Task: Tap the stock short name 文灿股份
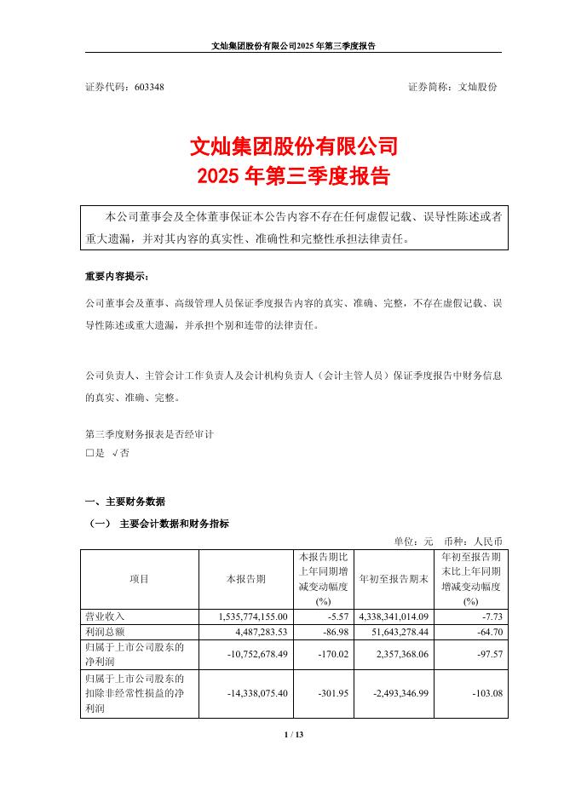(478, 87)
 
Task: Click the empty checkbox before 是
(89, 454)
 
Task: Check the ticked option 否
(120, 454)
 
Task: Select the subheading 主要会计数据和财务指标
(175, 523)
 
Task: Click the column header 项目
(139, 579)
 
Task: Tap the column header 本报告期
(245, 579)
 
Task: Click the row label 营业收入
(105, 616)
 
